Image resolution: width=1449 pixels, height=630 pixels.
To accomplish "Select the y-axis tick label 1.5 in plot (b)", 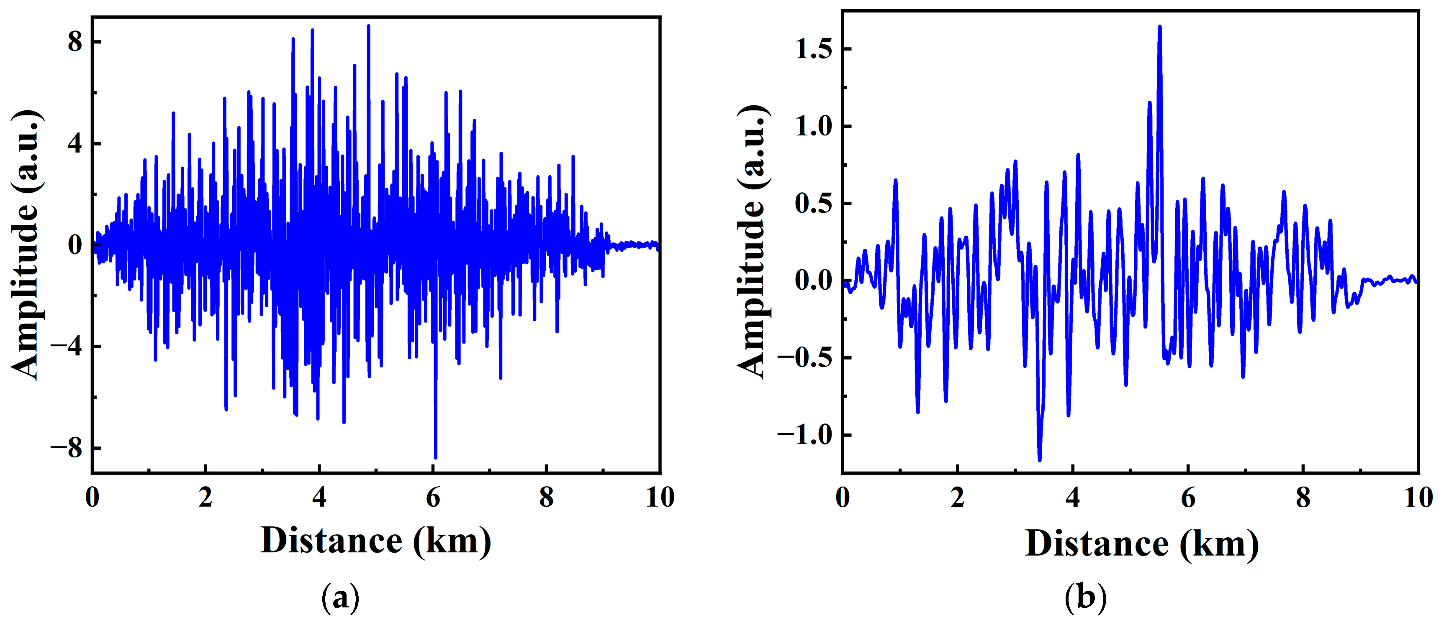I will point(813,49).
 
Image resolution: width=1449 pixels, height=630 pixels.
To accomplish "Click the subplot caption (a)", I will point(340,598).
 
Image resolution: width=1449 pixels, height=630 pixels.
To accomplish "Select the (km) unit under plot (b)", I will point(1220,544).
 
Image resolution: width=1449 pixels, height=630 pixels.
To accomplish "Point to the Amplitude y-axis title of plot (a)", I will point(25,245).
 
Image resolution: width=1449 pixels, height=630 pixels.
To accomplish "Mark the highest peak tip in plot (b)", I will point(1160,26).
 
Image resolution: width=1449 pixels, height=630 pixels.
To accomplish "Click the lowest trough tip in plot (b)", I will point(1040,461).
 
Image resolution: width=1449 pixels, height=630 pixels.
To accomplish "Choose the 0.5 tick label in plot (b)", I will point(813,204).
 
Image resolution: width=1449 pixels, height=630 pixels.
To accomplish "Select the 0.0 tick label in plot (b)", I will point(813,281).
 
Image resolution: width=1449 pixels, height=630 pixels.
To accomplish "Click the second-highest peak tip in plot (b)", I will point(1150,102).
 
